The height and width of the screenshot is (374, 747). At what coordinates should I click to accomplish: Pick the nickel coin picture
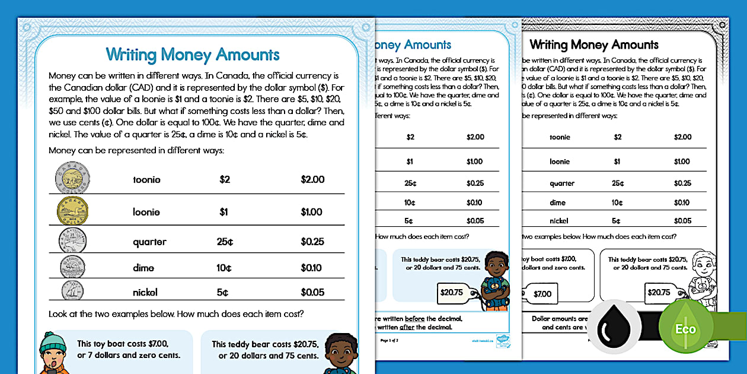tap(72, 291)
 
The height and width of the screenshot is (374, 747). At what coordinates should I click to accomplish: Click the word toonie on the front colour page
tap(146, 180)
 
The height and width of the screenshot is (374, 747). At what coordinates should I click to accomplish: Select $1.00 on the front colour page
tap(311, 212)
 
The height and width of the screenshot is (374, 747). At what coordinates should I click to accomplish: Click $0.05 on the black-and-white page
tap(682, 220)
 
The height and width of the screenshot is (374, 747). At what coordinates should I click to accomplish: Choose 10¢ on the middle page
tap(410, 202)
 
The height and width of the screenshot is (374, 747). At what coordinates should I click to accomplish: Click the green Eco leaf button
tap(685, 329)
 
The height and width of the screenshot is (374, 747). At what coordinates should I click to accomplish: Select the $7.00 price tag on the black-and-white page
tap(542, 293)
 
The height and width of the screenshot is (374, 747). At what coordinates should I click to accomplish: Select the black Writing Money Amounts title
tap(593, 45)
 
